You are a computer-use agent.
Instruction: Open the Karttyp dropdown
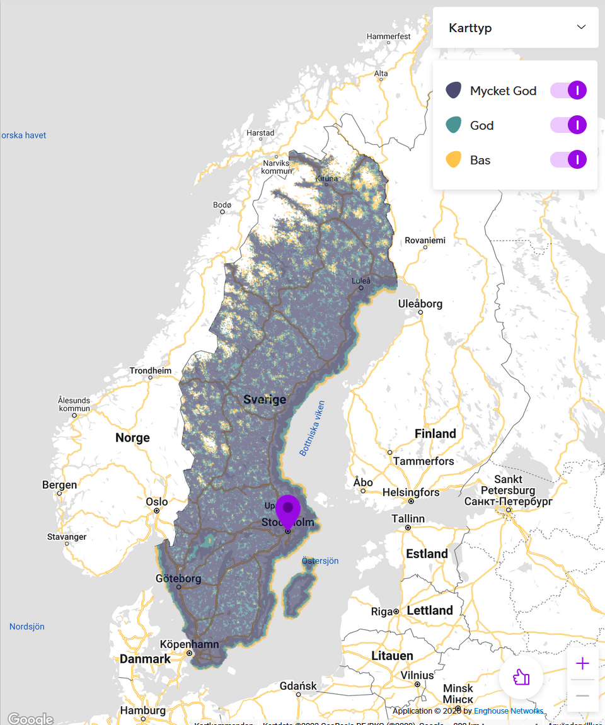click(x=516, y=28)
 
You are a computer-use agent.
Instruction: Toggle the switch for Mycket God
click(x=568, y=91)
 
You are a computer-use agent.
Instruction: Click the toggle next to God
click(x=568, y=125)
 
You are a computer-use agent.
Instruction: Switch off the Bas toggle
click(x=568, y=160)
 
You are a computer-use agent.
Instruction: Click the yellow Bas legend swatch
click(x=453, y=160)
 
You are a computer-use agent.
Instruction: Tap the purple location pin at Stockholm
click(x=288, y=510)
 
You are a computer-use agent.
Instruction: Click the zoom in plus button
click(x=582, y=663)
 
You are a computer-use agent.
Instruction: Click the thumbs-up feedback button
click(x=521, y=678)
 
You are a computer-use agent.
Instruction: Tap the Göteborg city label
click(x=178, y=578)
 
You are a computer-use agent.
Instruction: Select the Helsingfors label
click(x=410, y=492)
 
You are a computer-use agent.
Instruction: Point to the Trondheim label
click(x=151, y=370)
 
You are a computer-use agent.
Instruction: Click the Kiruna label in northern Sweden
click(x=326, y=179)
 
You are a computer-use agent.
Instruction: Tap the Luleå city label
click(x=361, y=280)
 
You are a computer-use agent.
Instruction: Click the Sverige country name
click(x=265, y=399)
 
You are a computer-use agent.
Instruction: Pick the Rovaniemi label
click(x=425, y=240)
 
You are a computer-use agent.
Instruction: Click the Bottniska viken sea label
click(x=312, y=428)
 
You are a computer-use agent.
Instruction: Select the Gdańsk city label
click(x=297, y=685)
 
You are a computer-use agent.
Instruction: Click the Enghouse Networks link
click(x=509, y=711)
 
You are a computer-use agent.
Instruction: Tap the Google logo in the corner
click(x=30, y=719)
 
